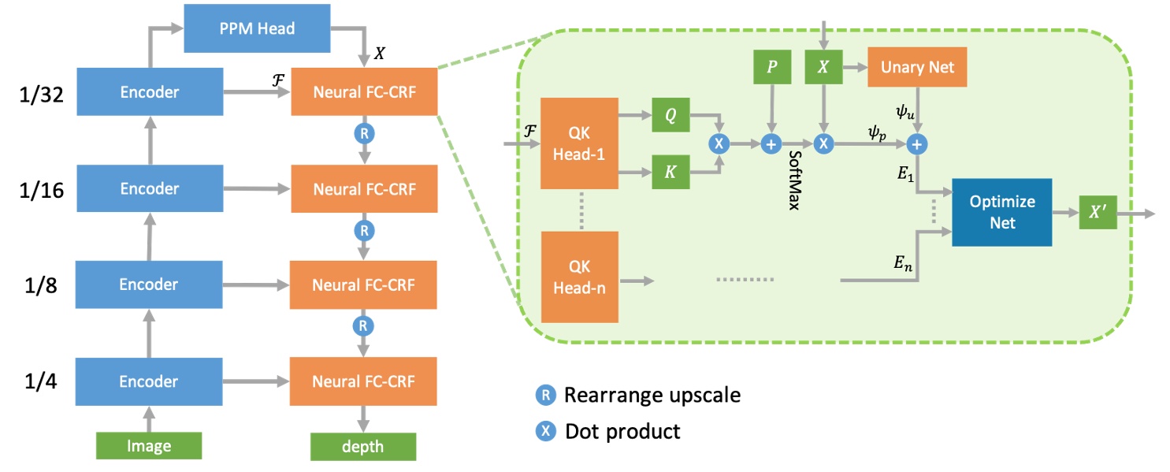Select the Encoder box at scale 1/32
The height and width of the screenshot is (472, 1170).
tap(149, 92)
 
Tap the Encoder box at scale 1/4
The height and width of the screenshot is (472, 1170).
tap(149, 381)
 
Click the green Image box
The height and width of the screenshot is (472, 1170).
tap(149, 447)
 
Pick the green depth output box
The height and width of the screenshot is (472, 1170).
tap(363, 447)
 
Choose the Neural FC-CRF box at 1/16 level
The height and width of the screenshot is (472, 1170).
tap(363, 189)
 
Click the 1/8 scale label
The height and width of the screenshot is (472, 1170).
tap(39, 284)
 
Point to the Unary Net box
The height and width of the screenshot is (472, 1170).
tap(916, 69)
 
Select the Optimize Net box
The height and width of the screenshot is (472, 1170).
tap(1002, 212)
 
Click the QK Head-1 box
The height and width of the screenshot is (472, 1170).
tap(579, 144)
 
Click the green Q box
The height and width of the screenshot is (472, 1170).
tap(670, 117)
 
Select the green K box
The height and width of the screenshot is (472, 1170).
tap(670, 173)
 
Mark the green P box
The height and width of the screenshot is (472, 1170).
tap(771, 69)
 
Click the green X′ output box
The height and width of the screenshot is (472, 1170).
tap(1098, 213)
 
